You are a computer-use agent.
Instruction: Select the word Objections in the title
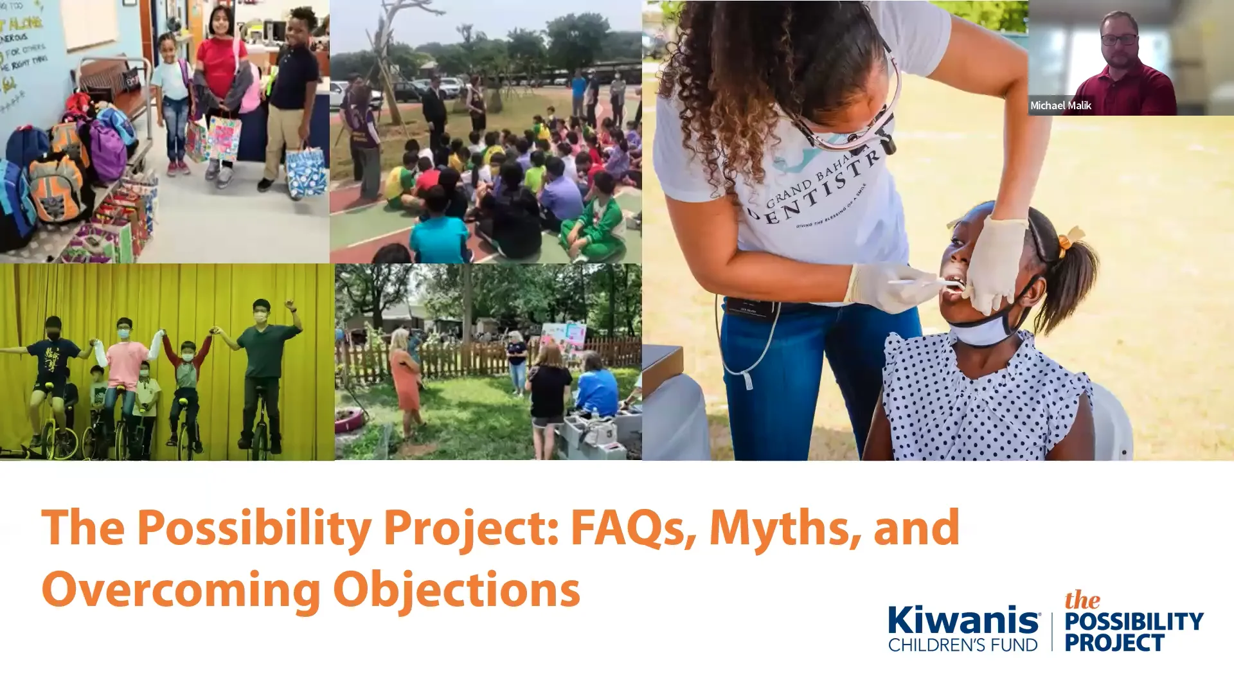pos(456,590)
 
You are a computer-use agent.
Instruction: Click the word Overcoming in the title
pos(181,590)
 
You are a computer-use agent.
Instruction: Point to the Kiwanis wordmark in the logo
pos(963,621)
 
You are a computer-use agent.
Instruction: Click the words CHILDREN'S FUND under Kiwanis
pos(963,645)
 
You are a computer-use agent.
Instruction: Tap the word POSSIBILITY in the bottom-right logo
pos(1134,621)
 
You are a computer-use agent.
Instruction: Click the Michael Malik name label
pos(1060,105)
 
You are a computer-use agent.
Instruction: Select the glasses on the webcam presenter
pos(1119,39)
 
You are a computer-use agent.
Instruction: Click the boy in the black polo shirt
pos(292,96)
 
